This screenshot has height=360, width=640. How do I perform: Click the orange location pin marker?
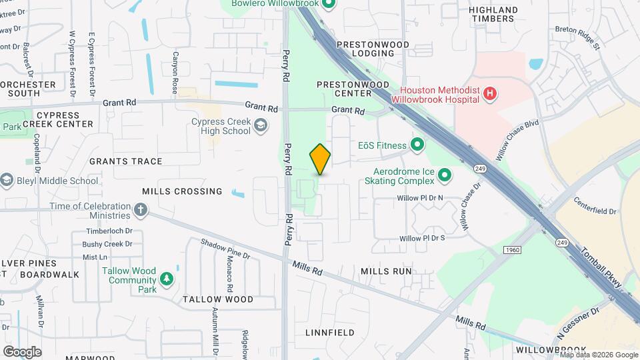pyautogui.click(x=320, y=159)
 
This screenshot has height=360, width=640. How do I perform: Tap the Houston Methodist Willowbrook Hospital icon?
pyautogui.click(x=490, y=94)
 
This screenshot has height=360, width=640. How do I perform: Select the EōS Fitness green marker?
pyautogui.click(x=417, y=145)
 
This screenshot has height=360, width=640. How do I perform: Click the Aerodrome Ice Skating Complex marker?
pyautogui.click(x=445, y=175)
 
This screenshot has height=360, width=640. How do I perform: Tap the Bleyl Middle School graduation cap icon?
pyautogui.click(x=7, y=180)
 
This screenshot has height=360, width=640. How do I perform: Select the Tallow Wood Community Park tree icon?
pyautogui.click(x=166, y=277)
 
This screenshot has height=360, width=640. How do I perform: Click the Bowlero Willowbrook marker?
pyautogui.click(x=328, y=4)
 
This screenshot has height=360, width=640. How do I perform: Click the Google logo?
pyautogui.click(x=21, y=351)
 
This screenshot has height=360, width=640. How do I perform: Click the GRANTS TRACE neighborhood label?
pyautogui.click(x=125, y=161)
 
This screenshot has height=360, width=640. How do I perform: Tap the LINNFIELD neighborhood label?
pyautogui.click(x=330, y=332)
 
